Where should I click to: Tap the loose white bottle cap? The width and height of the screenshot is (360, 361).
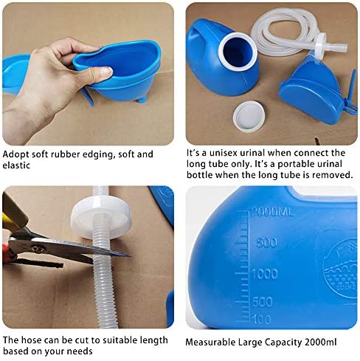tap(249, 117)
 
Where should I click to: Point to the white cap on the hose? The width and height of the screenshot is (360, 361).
tap(101, 219)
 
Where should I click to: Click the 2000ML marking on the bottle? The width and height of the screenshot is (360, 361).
tap(272, 212)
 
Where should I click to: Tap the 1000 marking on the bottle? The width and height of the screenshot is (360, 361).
tap(265, 274)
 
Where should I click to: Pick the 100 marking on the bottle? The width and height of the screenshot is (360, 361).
tap(262, 319)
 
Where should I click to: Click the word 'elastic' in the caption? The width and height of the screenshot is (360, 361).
tap(16, 165)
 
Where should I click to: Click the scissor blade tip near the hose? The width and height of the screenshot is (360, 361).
tap(130, 256)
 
